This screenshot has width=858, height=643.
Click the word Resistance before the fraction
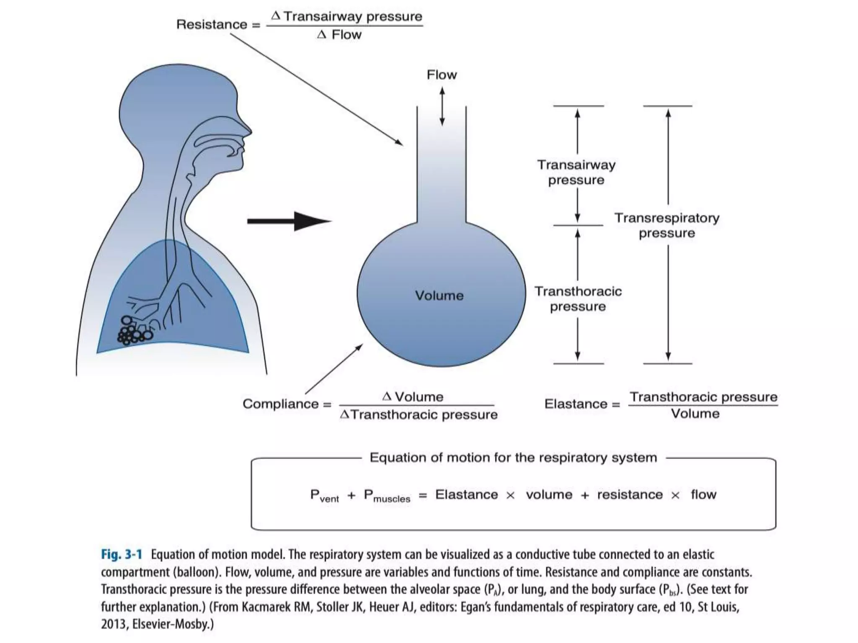(212, 25)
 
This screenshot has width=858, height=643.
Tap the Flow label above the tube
(442, 75)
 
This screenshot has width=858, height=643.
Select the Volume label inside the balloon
(439, 296)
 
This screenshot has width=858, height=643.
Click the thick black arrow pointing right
(289, 221)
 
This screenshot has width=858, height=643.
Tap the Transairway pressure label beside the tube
(576, 172)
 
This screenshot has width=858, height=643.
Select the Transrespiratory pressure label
(667, 225)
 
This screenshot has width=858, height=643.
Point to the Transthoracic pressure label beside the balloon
(578, 299)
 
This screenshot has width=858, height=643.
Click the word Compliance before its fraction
(280, 404)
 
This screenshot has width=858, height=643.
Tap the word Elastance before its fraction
(576, 404)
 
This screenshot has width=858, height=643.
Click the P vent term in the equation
(324, 496)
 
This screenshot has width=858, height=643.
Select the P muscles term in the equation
(387, 496)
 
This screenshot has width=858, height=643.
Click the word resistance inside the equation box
(630, 495)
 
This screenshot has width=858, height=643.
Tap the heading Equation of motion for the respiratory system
(513, 458)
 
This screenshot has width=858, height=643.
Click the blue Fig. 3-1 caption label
(121, 555)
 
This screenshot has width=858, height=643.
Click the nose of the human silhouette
(247, 131)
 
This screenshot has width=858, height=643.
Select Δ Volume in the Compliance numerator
(413, 397)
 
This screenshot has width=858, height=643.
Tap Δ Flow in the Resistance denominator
(339, 35)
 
